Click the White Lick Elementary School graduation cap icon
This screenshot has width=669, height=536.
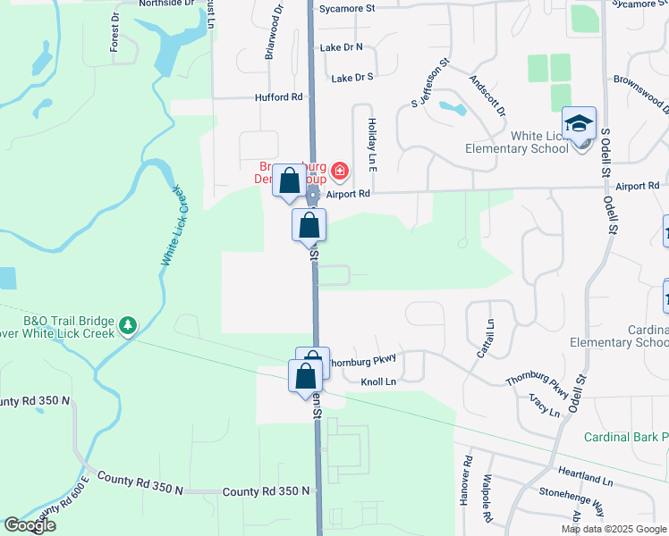579,123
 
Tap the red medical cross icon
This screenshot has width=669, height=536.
339,171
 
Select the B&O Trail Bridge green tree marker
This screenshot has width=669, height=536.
129,323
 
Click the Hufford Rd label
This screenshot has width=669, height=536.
279,96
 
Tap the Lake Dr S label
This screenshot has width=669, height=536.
351,79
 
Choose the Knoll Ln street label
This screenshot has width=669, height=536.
377,381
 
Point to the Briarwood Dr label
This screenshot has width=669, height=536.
273,36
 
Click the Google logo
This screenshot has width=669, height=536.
30,525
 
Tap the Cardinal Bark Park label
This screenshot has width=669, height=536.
626,437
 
